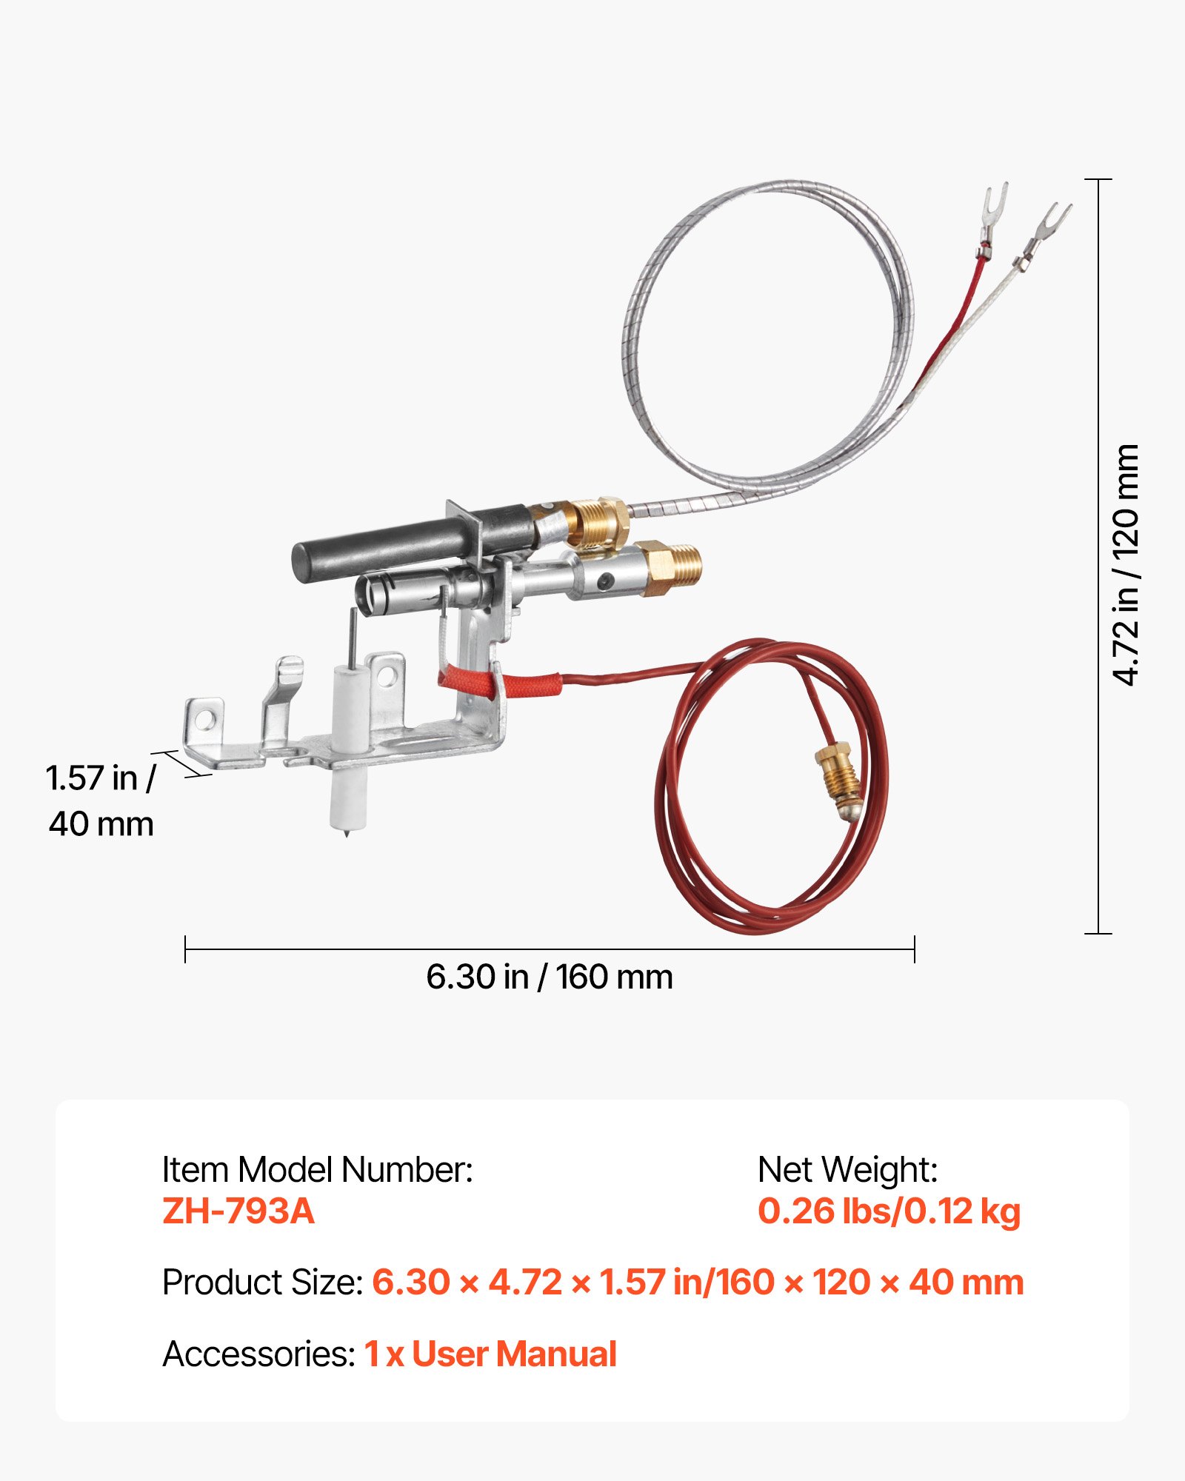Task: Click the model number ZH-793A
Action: coord(238,1211)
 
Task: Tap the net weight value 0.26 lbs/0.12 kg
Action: coord(889,1211)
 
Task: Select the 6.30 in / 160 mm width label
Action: coord(549,977)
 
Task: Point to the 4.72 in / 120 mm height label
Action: coord(1125,564)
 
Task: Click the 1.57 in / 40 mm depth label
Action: coord(101,800)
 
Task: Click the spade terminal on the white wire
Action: coord(1050,225)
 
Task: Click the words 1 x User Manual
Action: coord(490,1354)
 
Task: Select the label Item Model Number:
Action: coord(317,1170)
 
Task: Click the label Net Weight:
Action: coord(847,1170)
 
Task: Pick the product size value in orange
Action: coord(697,1282)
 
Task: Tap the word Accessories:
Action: coord(259,1354)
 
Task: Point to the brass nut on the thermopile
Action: coord(598,522)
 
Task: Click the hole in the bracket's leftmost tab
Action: coord(205,718)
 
